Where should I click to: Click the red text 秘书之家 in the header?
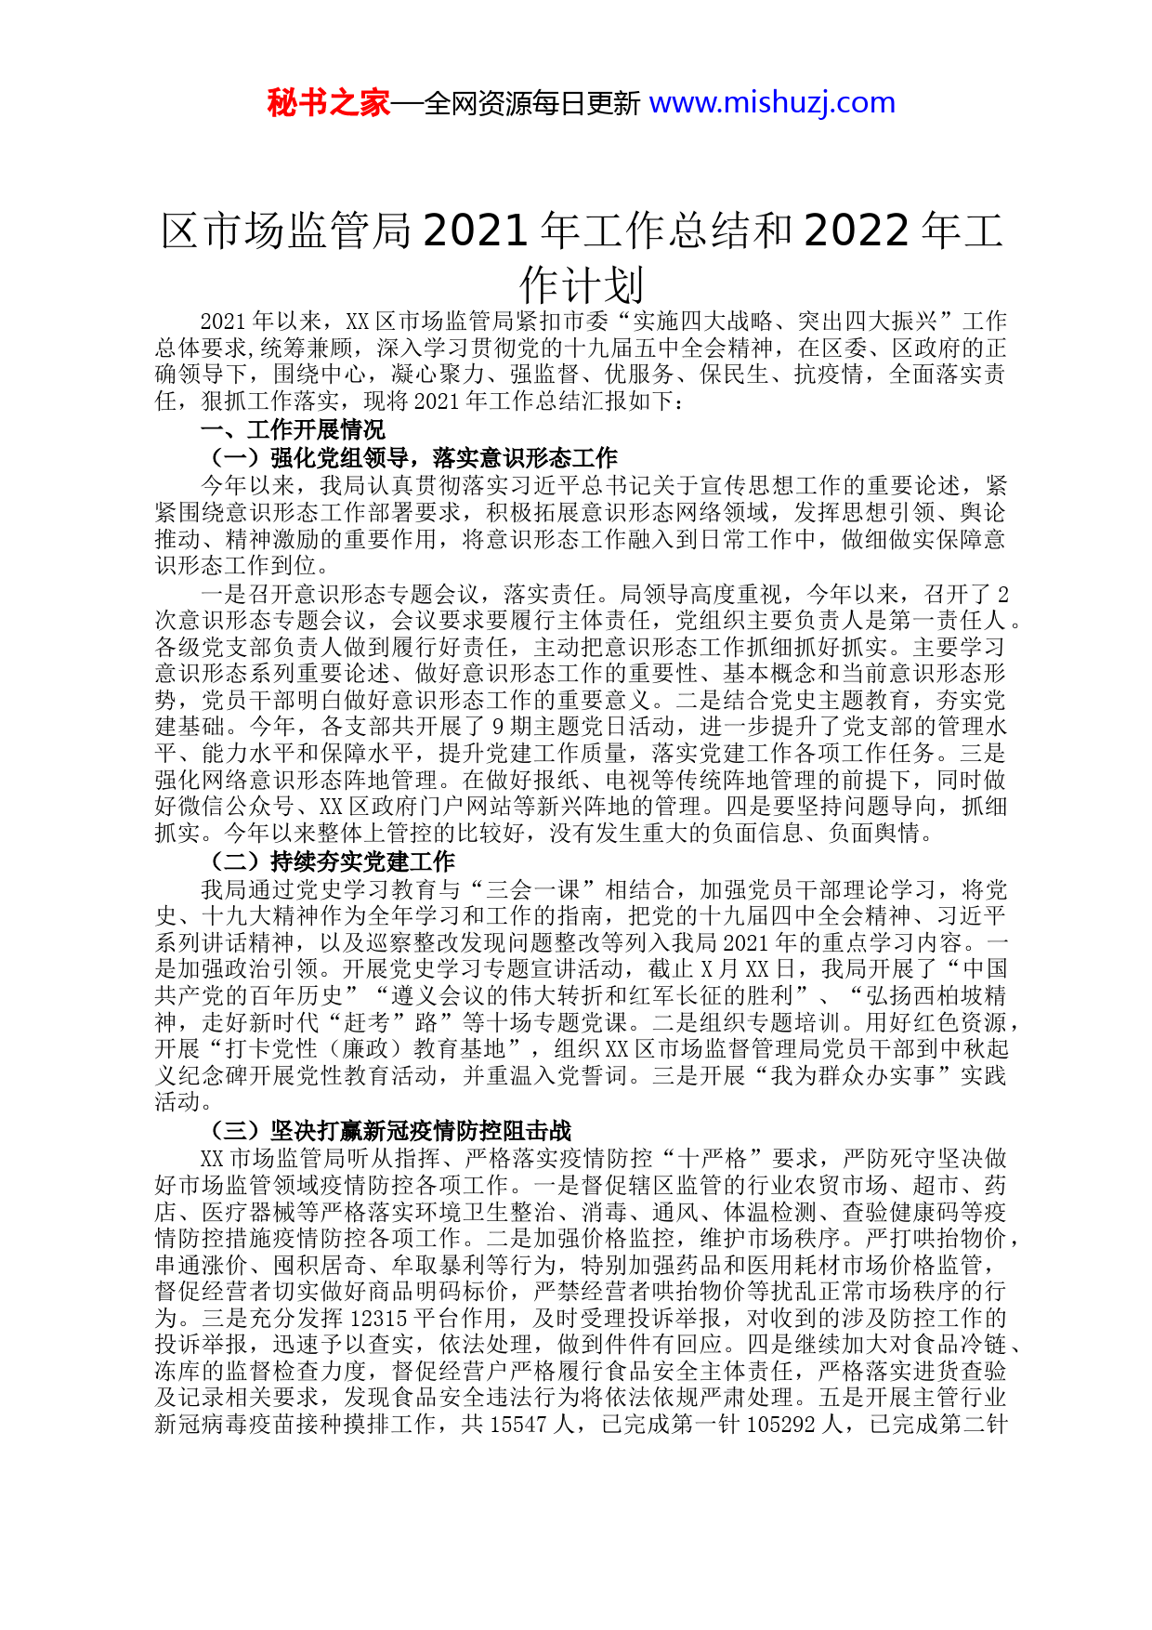click(328, 102)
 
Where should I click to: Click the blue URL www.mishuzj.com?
click(772, 102)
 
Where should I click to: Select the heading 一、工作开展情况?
click(293, 430)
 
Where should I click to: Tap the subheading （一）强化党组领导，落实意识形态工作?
click(409, 457)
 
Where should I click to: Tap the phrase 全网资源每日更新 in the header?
click(532, 103)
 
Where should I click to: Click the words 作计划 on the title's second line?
click(582, 284)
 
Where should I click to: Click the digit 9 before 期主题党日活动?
click(497, 726)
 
